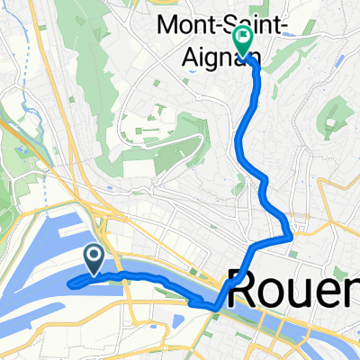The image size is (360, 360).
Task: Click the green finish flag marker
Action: point(243,40)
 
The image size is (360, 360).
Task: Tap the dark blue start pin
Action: point(94,259)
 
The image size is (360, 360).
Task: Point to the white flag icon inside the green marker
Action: point(243,38)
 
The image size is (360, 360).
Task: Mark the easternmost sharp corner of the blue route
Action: point(291,238)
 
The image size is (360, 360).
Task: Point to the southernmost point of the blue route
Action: point(214,309)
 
